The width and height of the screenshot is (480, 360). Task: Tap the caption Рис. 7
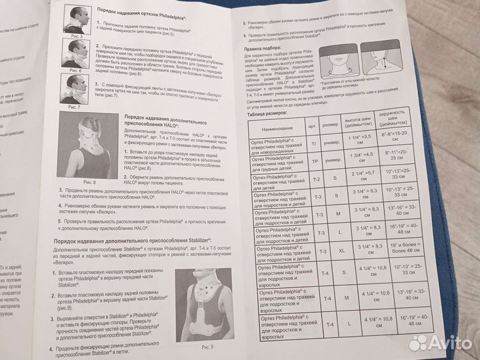click(73, 107)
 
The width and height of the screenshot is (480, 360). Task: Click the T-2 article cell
click(317, 179)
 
